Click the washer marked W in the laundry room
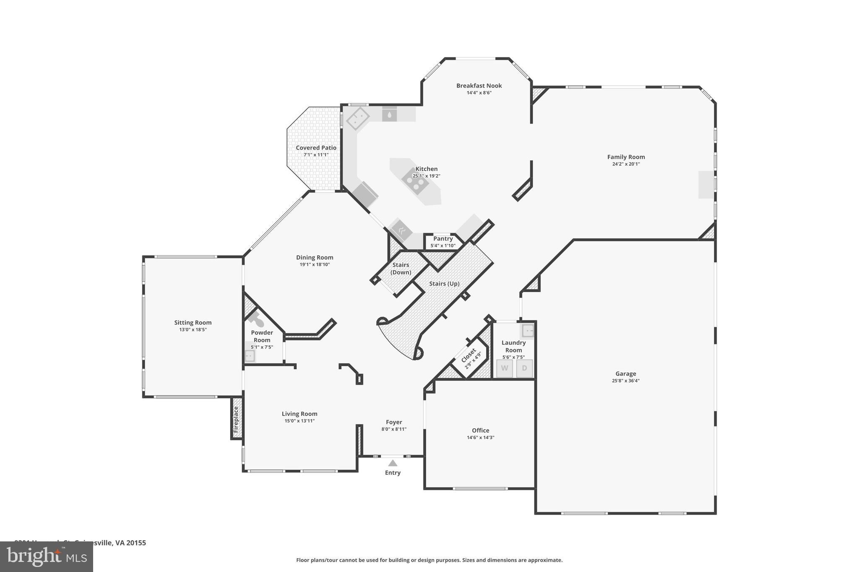pyautogui.click(x=505, y=368)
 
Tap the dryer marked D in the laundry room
pyautogui.click(x=524, y=368)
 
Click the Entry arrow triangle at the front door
pyautogui.click(x=393, y=463)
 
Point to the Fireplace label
pyautogui.click(x=236, y=419)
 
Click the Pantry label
pyautogui.click(x=443, y=238)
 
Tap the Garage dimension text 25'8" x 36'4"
pyautogui.click(x=625, y=381)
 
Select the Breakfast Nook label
pyautogui.click(x=479, y=85)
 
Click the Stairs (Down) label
pyautogui.click(x=401, y=269)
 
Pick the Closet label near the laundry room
pyautogui.click(x=469, y=355)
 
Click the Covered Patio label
pyautogui.click(x=316, y=148)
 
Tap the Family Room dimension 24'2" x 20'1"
pyautogui.click(x=626, y=164)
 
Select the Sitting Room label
pyautogui.click(x=193, y=322)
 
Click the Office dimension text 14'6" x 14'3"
pyautogui.click(x=480, y=437)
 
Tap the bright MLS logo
pyautogui.click(x=47, y=556)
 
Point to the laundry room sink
pyautogui.click(x=528, y=331)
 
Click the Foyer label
pyautogui.click(x=394, y=422)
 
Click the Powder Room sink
pyautogui.click(x=250, y=356)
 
